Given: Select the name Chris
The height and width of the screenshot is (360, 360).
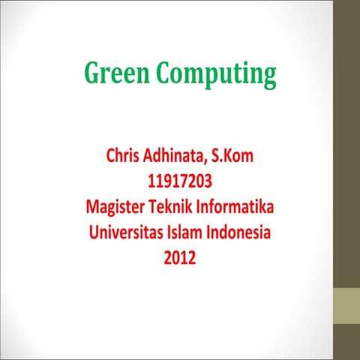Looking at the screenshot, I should tap(124, 157).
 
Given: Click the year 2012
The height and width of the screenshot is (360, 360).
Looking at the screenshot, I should tap(180, 258).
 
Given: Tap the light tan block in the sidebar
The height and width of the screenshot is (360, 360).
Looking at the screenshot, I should tap(346, 307).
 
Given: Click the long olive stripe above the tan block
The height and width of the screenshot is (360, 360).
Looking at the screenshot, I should tap(346, 142).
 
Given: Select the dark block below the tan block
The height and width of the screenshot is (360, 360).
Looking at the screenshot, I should tap(346, 343).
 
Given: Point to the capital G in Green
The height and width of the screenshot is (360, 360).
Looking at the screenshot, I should tap(92, 74).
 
